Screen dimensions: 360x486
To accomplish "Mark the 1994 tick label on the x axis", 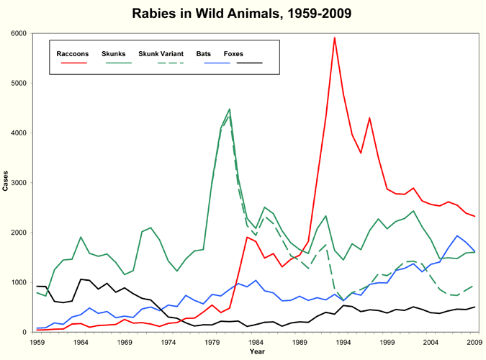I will tap(343, 343).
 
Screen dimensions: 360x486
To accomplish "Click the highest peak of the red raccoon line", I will tap(334, 37).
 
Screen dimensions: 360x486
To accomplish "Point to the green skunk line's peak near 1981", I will tap(229, 109).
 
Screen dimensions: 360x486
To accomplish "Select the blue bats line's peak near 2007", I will tap(456, 235).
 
